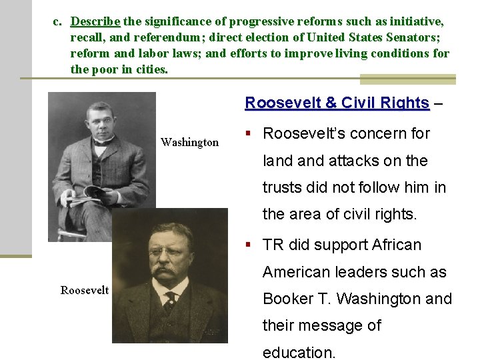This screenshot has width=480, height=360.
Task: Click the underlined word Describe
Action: point(95,22)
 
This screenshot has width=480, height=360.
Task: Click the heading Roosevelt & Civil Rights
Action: point(337,103)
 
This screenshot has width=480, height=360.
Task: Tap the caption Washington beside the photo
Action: point(189,142)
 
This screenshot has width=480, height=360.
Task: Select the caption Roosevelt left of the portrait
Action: point(85,290)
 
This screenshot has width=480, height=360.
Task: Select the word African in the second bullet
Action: point(393,245)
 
